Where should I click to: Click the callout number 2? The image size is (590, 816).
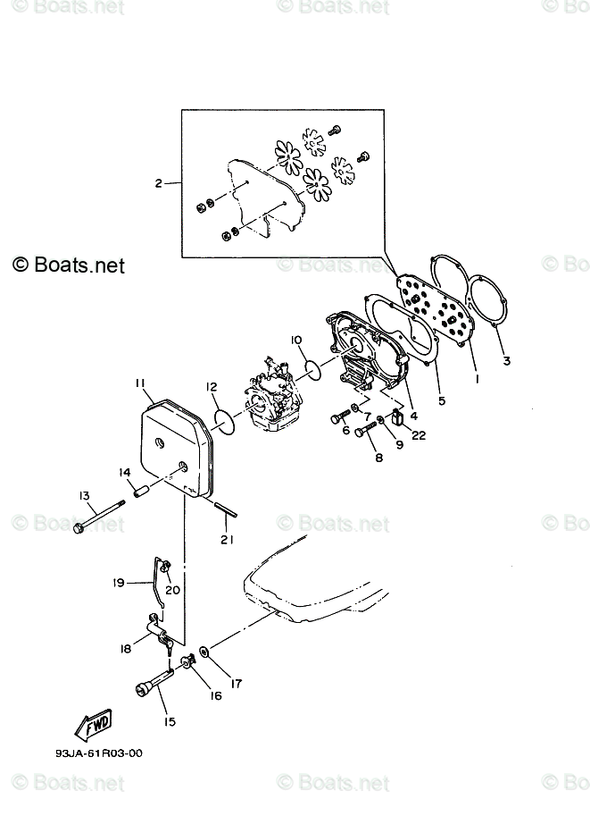pyautogui.click(x=158, y=184)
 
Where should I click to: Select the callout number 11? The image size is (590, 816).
pyautogui.click(x=140, y=383)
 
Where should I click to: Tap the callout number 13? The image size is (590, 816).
pyautogui.click(x=84, y=495)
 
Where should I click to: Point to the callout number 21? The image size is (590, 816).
pyautogui.click(x=227, y=539)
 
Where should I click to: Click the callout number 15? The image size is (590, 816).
pyautogui.click(x=170, y=721)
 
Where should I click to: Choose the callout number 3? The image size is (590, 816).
pyautogui.click(x=507, y=361)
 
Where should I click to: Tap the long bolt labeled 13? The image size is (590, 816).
pyautogui.click(x=97, y=517)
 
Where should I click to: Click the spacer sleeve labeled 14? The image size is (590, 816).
pyautogui.click(x=140, y=490)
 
